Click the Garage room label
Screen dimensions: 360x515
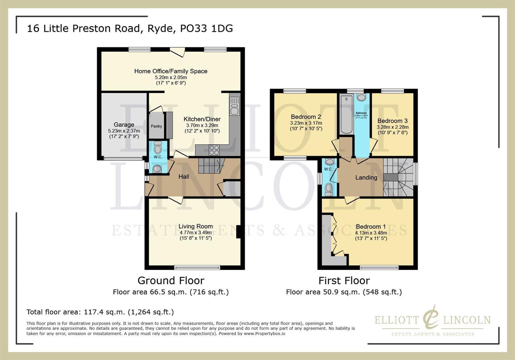(124, 125)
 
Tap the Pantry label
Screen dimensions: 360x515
(156, 126)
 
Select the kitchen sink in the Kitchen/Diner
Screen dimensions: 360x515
(234, 106)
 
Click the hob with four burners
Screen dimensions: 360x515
(214, 150)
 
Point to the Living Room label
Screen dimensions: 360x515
(195, 226)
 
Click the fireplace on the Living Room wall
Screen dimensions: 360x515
(238, 232)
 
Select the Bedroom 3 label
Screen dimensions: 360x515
(392, 121)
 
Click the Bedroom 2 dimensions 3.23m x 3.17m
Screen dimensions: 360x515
(306, 123)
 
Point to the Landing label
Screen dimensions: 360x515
(366, 178)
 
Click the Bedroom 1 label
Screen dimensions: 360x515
(371, 227)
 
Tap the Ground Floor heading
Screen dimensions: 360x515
(171, 281)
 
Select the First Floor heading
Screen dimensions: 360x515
(344, 281)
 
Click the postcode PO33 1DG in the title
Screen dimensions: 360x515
(206, 28)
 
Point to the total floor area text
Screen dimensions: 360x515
(100, 312)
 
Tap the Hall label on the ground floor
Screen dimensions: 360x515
(183, 177)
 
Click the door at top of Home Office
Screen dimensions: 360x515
(177, 52)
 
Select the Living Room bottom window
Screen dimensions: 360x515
(197, 267)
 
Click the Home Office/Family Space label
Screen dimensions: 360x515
(171, 71)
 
